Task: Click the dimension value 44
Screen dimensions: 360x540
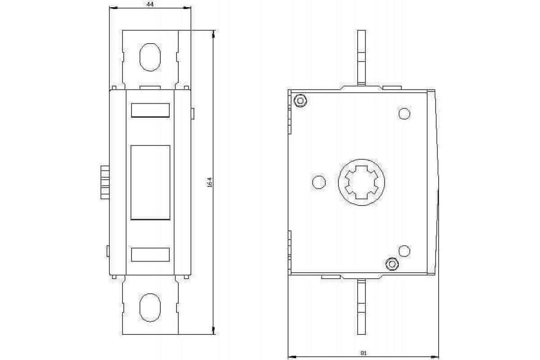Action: point(150,4)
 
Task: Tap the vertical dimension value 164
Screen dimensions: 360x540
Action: point(209,182)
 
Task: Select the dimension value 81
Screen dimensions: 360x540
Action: point(363,353)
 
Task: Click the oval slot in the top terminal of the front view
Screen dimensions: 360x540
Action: point(150,56)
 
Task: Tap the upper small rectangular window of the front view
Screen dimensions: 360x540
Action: point(150,110)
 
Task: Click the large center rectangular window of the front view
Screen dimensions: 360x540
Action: point(150,182)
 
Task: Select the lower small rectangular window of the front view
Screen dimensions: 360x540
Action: point(150,254)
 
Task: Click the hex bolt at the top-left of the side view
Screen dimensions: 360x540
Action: point(300,100)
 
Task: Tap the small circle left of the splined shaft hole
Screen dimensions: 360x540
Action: point(318,182)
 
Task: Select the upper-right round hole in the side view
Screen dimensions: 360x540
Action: point(405,113)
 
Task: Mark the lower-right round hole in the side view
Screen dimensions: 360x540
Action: point(405,251)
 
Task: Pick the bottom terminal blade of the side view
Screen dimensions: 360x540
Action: point(361,307)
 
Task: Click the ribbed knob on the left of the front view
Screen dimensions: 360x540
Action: point(105,182)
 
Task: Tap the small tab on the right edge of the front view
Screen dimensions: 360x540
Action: point(193,113)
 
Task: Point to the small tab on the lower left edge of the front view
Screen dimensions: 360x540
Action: point(108,251)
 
